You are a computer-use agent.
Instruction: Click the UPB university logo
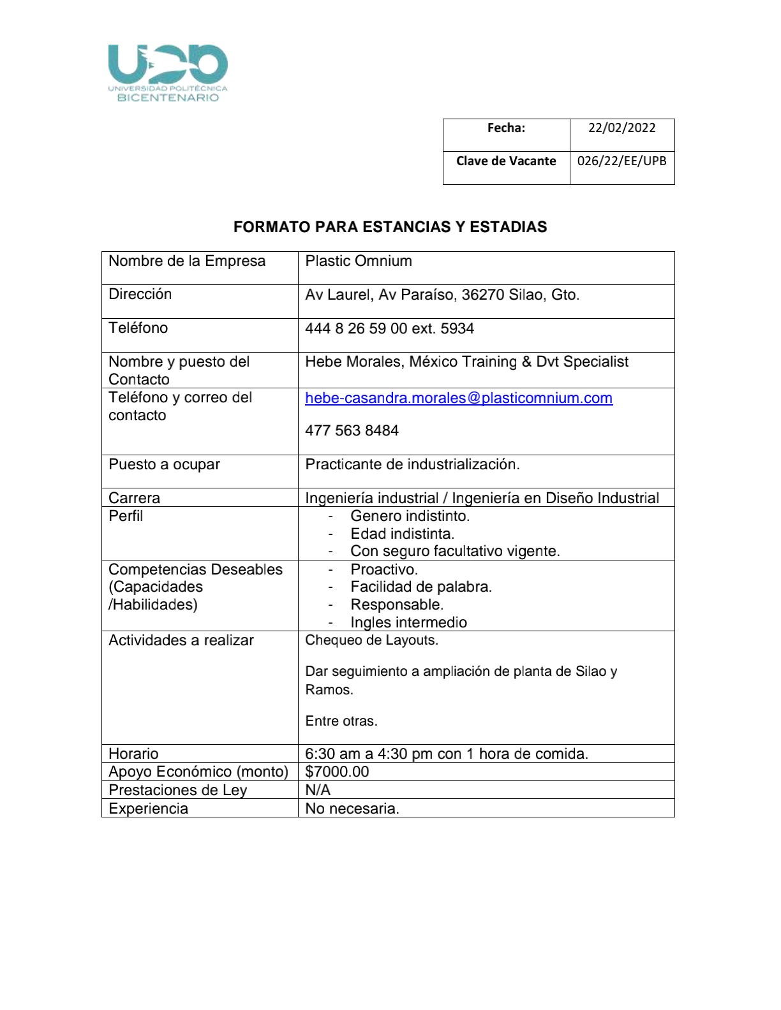coord(168,73)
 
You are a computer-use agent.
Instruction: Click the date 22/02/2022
coord(621,128)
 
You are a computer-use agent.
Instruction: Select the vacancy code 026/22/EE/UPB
coord(621,161)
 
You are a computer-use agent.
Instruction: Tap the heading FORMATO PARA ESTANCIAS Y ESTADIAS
coord(390,227)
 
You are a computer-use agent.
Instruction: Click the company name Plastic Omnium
coord(359,261)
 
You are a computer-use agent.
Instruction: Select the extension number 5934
coord(457,328)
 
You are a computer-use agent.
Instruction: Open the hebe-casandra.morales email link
coord(459,398)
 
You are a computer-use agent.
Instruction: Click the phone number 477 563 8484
coord(352,430)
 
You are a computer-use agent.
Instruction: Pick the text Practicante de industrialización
coord(412,464)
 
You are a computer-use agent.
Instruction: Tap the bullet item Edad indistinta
coord(402,534)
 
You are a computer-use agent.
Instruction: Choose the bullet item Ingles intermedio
coord(408,622)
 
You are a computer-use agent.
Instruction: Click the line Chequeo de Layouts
coord(371,640)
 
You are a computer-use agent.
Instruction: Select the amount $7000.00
coord(337,772)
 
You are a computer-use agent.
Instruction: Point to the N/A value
coord(318,790)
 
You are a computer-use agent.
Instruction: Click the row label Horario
coord(133,754)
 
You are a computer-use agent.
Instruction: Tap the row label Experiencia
coord(148,809)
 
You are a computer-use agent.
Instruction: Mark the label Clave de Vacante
coord(506,161)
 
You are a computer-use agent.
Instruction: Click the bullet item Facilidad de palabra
coord(421,587)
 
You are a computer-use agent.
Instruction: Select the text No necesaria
coord(352,809)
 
